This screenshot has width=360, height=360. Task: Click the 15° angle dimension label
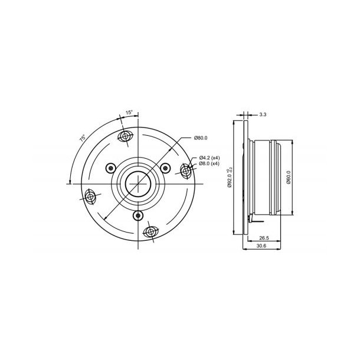pos(128,112)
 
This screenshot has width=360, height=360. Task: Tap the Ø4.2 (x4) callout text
pos(209,158)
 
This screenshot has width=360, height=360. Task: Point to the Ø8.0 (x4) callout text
pos(209,164)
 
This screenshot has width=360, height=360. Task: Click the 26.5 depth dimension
pos(264,238)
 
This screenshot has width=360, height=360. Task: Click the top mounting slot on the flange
pos(125,138)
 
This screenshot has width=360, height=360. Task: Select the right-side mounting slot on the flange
pos(186,171)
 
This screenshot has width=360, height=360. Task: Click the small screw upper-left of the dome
pos(111,168)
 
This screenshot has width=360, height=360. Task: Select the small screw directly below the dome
pos(138,215)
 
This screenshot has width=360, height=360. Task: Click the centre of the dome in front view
pos(138,183)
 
